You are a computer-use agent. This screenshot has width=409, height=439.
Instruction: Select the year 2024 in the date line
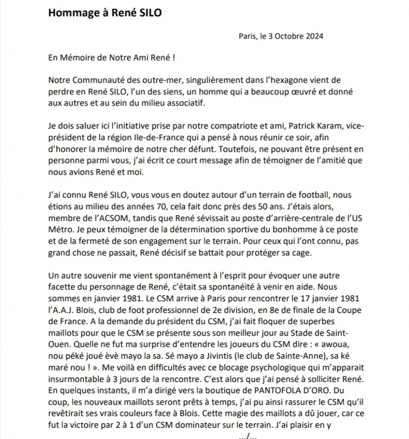(314, 36)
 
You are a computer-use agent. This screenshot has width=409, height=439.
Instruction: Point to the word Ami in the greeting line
(138, 58)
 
